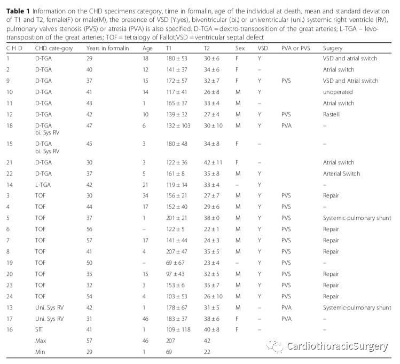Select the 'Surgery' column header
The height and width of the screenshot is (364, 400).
point(332,48)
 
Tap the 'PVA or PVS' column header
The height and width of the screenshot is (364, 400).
point(296,48)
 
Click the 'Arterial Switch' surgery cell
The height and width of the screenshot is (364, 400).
point(341,173)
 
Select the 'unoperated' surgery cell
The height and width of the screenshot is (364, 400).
point(337,92)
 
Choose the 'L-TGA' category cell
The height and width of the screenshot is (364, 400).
point(43,185)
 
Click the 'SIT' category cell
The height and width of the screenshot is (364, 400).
point(39,329)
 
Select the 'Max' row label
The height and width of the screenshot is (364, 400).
point(41,341)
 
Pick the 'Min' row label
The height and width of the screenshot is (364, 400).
point(40,352)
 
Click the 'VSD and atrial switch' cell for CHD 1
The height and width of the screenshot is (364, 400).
point(349,58)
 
